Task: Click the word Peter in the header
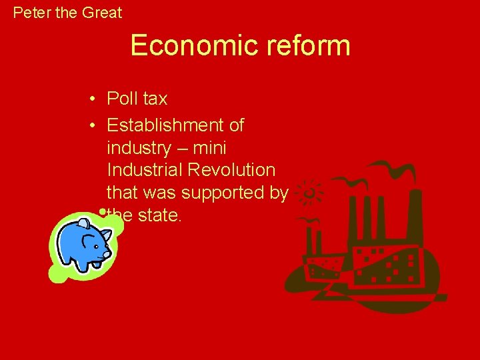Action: click(x=30, y=13)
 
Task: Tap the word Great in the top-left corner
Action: click(x=102, y=13)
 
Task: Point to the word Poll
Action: click(x=122, y=99)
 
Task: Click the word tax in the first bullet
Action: click(x=154, y=99)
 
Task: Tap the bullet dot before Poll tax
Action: click(x=93, y=99)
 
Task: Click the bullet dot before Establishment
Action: click(x=93, y=125)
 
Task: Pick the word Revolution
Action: click(x=232, y=170)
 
